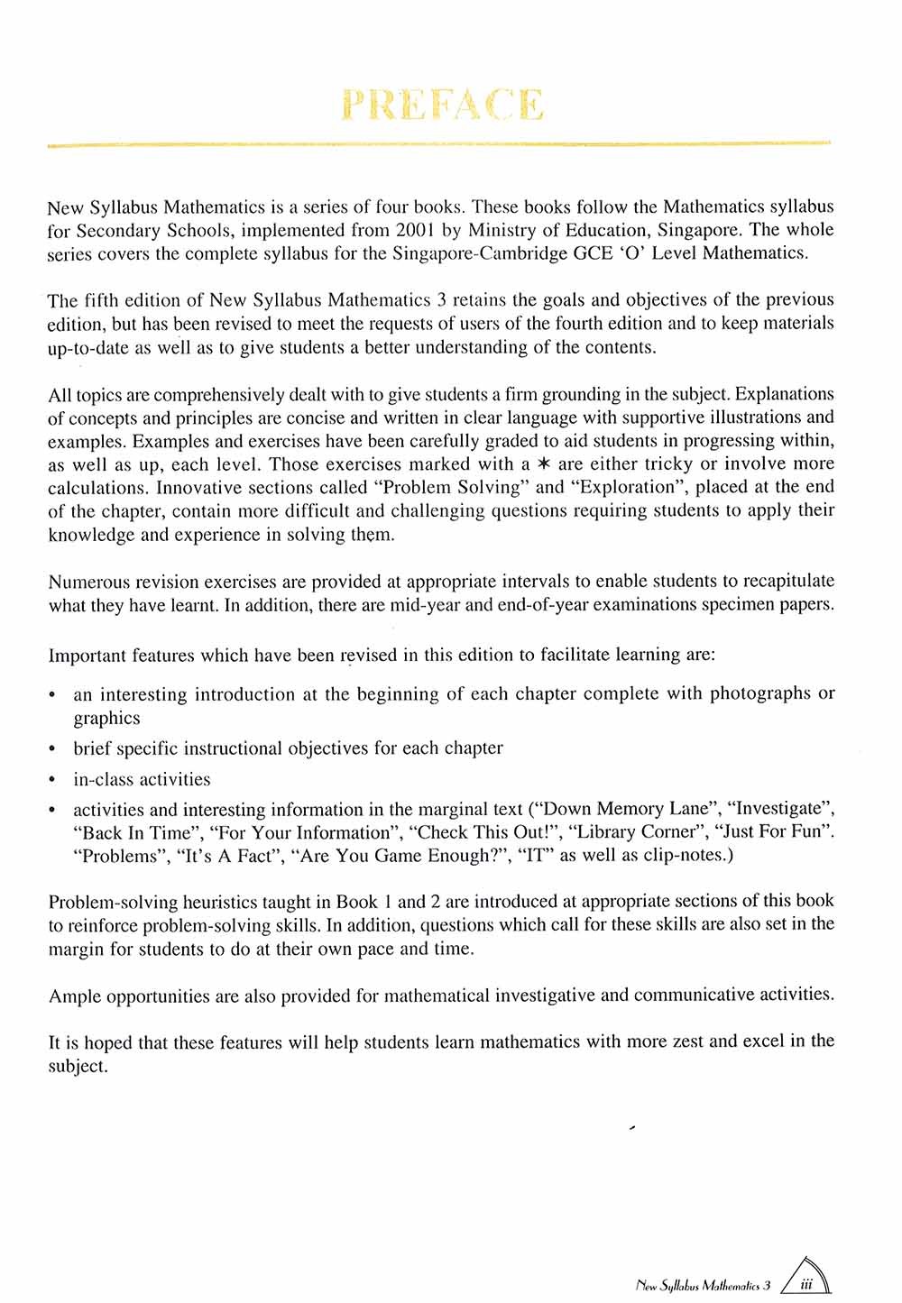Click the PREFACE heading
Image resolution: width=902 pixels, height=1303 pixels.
(443, 106)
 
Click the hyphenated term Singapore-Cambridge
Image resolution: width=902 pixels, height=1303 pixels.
(465, 253)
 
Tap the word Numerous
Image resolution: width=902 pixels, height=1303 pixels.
(87, 582)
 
